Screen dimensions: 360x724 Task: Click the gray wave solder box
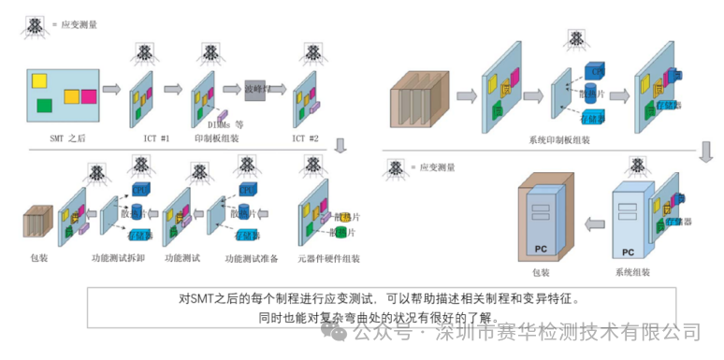[x=258, y=90]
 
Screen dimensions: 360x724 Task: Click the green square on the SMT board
[x=44, y=106]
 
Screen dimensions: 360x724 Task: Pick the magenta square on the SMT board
[x=88, y=95]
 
